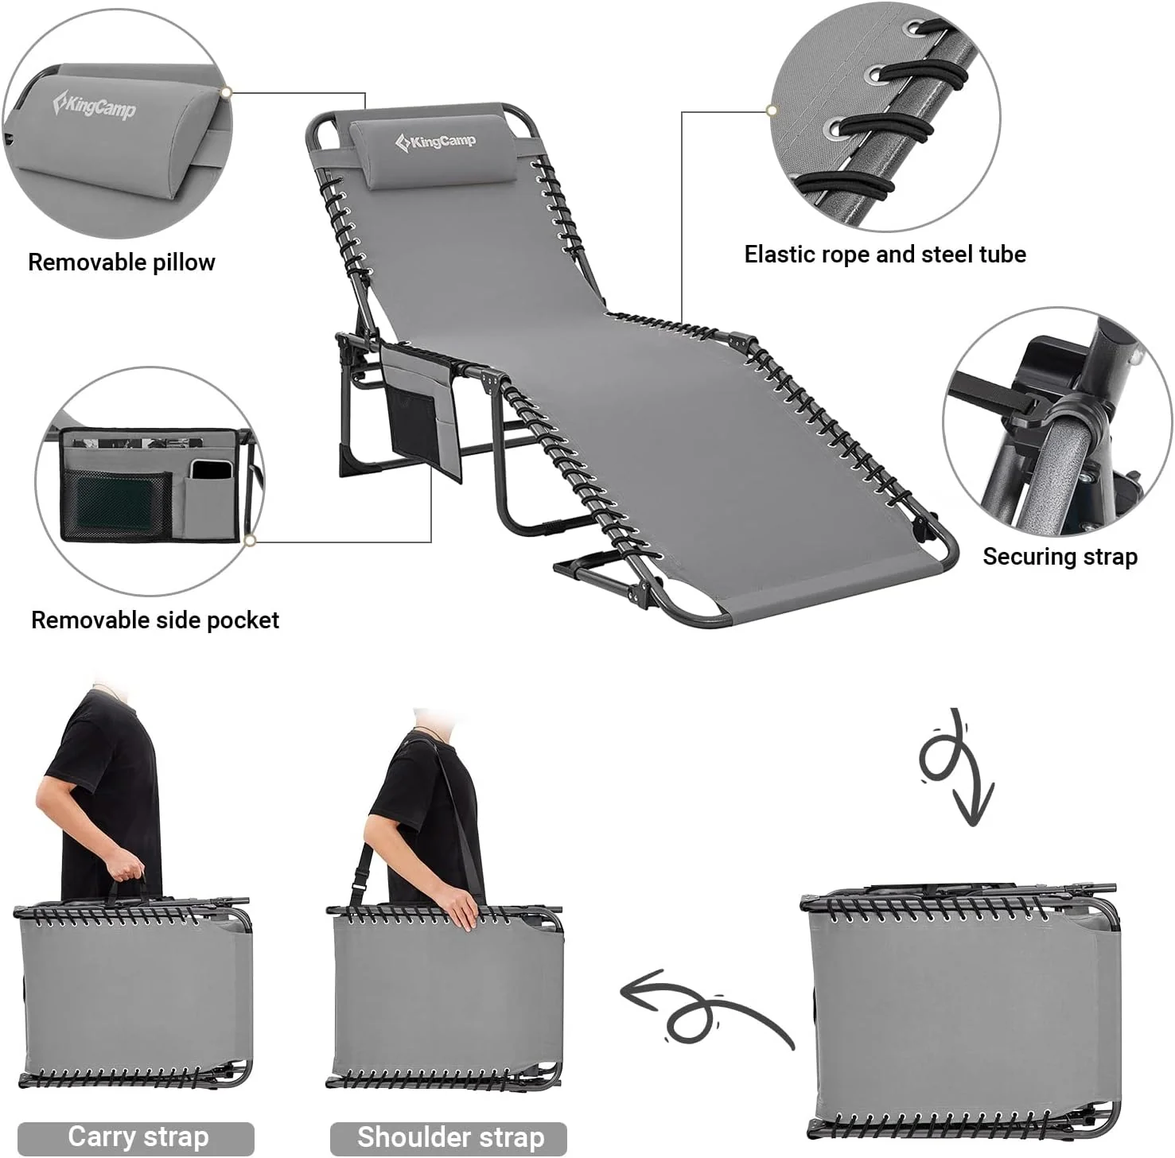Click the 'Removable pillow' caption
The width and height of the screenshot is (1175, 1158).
click(x=122, y=262)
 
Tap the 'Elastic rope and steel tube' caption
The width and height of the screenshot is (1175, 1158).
click(x=885, y=255)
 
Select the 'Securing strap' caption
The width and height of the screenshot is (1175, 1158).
click(x=1060, y=557)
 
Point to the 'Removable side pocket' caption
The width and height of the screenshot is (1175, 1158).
click(x=155, y=620)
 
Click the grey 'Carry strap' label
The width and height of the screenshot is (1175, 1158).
click(x=138, y=1137)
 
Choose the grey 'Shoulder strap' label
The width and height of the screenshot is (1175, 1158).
click(x=450, y=1137)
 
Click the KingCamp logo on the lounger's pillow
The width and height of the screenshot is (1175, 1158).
click(x=436, y=142)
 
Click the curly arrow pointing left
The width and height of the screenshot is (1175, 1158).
click(x=700, y=1006)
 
